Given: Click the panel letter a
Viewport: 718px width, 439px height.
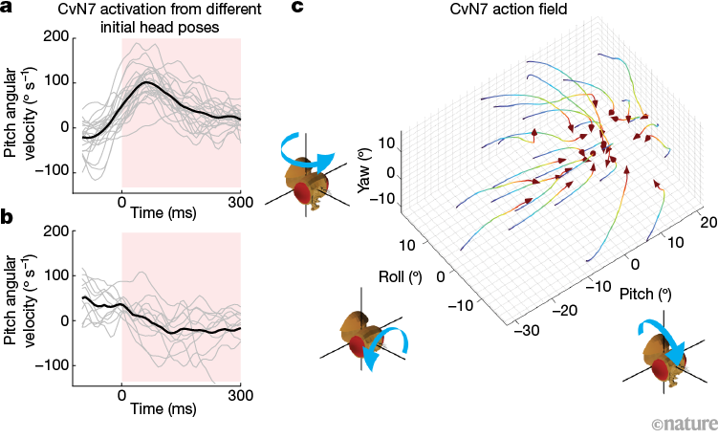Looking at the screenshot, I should (x=8, y=9).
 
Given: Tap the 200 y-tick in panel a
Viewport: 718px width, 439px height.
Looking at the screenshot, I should (x=54, y=36).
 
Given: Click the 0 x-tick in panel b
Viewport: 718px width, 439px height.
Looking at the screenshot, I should (x=121, y=395).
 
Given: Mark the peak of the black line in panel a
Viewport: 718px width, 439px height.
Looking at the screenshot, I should (x=145, y=82).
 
